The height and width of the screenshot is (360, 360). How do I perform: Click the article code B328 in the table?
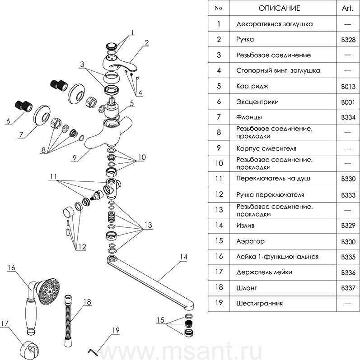tap(348, 40)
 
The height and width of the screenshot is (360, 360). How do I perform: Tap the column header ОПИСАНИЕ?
tap(279, 8)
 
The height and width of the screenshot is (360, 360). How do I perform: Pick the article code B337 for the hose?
tap(348, 288)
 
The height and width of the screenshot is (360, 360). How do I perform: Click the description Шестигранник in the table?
tap(260, 304)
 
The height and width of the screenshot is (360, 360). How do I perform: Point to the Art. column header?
tap(348, 8)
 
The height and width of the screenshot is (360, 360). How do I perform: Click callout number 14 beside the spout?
tap(183, 257)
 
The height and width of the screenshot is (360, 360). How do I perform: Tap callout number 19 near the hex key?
tap(116, 330)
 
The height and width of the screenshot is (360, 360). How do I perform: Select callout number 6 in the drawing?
tap(9, 121)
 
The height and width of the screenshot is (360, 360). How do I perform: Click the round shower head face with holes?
tap(49, 292)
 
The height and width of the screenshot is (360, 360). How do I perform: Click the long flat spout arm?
tap(150, 281)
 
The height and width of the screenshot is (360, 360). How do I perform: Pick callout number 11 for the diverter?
tap(53, 176)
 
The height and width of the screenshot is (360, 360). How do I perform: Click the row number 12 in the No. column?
tap(219, 194)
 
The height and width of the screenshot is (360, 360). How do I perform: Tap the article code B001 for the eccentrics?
tap(348, 102)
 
